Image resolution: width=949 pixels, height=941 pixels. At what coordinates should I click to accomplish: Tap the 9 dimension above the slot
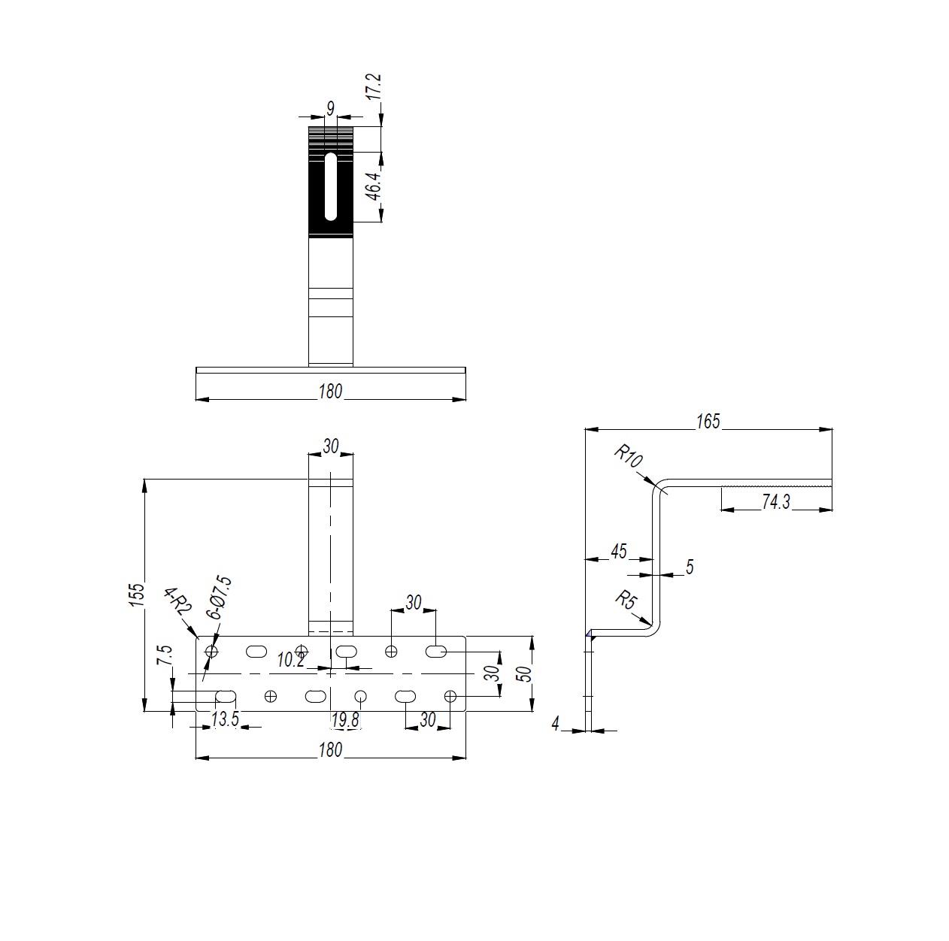[x=330, y=107]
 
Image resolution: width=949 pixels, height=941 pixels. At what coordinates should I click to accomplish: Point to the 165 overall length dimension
[x=708, y=422]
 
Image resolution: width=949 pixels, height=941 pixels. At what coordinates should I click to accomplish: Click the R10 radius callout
[x=629, y=456]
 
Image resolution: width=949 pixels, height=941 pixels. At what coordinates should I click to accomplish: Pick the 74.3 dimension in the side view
[x=775, y=502]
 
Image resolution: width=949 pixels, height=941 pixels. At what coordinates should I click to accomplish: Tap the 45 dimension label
[x=619, y=552]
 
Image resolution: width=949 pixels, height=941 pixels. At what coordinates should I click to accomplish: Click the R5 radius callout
[x=626, y=601]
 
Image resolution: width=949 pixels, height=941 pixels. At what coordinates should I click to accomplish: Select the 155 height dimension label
[x=137, y=595]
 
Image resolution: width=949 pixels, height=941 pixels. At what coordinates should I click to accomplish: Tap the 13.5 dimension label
[x=225, y=719]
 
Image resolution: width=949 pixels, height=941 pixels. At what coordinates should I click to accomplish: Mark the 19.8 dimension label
[x=344, y=720]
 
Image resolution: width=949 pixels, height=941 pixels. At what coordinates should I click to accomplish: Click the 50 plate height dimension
[x=526, y=673]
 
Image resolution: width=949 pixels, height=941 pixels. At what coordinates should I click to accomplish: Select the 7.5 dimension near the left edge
[x=165, y=655]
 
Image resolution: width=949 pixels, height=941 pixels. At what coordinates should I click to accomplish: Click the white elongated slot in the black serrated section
[x=330, y=186]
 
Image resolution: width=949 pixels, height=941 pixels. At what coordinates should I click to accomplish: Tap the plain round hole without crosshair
[x=360, y=696]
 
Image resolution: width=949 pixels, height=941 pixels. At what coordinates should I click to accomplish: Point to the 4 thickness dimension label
[x=556, y=723]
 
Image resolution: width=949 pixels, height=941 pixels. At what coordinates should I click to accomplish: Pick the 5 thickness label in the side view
[x=690, y=567]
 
